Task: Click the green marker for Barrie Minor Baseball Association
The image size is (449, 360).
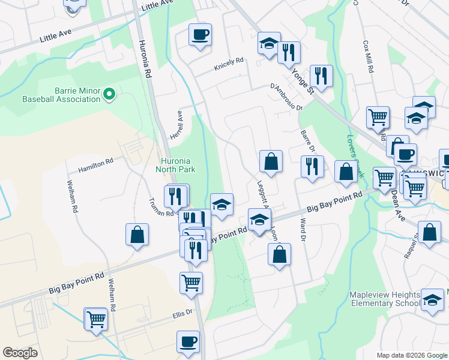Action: [x=109, y=94]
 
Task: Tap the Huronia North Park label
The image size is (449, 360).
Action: [x=178, y=165]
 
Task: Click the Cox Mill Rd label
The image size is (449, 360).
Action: [x=369, y=57]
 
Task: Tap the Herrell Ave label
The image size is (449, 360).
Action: [x=176, y=124]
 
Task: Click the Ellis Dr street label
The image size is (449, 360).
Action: [x=182, y=312]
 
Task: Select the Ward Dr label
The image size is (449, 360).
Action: [x=303, y=230]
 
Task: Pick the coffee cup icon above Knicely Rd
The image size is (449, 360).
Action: [x=200, y=34]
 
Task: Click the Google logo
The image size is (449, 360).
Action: [x=20, y=353]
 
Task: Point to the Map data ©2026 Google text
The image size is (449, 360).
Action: [x=411, y=355]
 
